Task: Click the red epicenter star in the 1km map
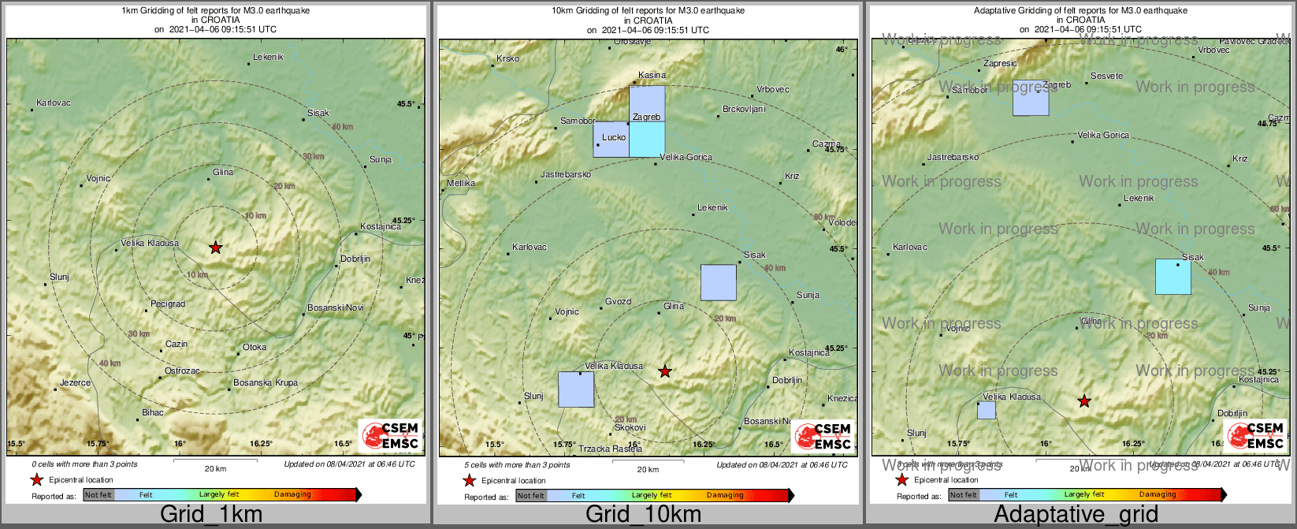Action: [x=216, y=248]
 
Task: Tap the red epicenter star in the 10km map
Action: [x=665, y=371]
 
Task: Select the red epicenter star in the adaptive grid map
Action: [x=1084, y=401]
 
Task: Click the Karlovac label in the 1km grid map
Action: [x=54, y=103]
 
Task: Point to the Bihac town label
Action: [x=153, y=412]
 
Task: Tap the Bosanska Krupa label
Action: [x=266, y=383]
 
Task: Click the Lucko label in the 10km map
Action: [x=614, y=137]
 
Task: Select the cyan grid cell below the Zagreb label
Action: [x=647, y=140]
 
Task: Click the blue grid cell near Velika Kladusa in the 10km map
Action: [x=576, y=389]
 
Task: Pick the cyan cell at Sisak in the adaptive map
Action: [x=1173, y=277]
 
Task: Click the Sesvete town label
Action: [x=1107, y=76]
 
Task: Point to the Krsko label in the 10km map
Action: [x=508, y=59]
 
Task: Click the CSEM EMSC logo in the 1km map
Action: [x=391, y=436]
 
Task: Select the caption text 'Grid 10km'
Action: [x=643, y=515]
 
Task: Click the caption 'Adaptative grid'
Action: [x=1076, y=515]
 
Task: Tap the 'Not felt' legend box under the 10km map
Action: [x=531, y=496]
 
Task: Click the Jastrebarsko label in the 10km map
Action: [x=566, y=174]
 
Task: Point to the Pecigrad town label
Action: [x=168, y=304]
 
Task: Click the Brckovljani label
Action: [x=744, y=109]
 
